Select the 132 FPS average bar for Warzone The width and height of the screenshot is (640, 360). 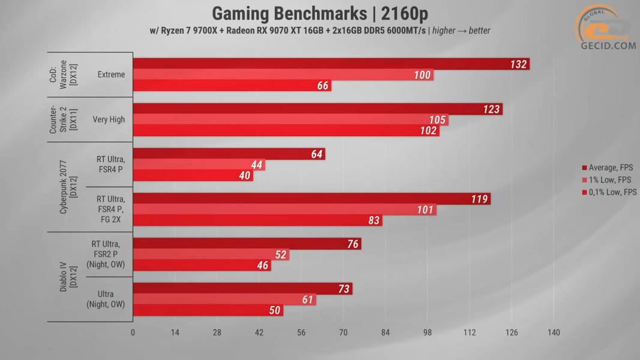330,64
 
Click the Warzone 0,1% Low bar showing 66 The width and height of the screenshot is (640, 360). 231,86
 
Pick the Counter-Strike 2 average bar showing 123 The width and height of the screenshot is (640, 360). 317,109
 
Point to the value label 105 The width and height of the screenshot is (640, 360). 437,120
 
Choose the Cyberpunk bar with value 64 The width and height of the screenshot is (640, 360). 228,154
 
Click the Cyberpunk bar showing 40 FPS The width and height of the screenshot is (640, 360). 192,176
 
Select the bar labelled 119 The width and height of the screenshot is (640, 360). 311,199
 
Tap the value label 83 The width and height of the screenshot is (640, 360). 373,221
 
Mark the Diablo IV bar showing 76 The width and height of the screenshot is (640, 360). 246,244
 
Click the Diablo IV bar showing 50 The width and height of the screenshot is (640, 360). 207,311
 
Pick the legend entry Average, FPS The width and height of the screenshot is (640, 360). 607,167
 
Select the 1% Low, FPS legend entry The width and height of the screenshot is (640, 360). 607,180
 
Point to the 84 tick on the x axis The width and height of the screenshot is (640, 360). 385,332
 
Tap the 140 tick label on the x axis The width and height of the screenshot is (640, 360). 554,332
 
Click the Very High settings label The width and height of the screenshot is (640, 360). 109,119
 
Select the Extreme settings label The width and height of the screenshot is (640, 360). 111,75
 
